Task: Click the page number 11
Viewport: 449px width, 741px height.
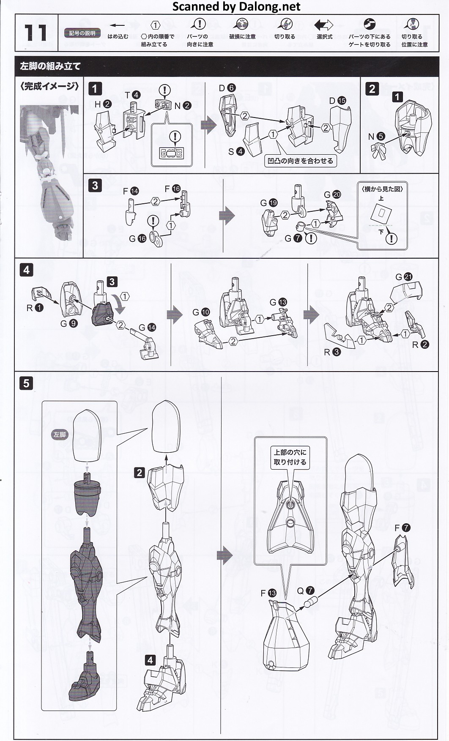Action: (x=35, y=33)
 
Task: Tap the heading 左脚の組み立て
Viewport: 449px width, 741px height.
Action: (x=50, y=66)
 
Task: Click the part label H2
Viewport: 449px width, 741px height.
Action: (x=103, y=104)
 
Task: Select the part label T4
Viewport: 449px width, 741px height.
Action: (x=132, y=95)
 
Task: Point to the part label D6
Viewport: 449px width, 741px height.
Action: (x=227, y=88)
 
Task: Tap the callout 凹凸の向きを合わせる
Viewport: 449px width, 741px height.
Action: (x=300, y=161)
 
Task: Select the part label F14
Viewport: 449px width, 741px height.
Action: (x=131, y=191)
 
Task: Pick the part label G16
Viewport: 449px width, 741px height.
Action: (x=137, y=238)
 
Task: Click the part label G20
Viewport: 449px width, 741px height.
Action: (x=332, y=194)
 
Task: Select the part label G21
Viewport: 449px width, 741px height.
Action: (x=404, y=277)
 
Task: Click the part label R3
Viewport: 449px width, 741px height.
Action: (x=332, y=352)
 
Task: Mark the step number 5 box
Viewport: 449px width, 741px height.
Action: (x=26, y=383)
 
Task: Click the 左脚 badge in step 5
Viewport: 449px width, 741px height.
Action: (x=60, y=435)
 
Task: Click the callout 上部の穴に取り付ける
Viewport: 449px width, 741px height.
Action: (x=290, y=457)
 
